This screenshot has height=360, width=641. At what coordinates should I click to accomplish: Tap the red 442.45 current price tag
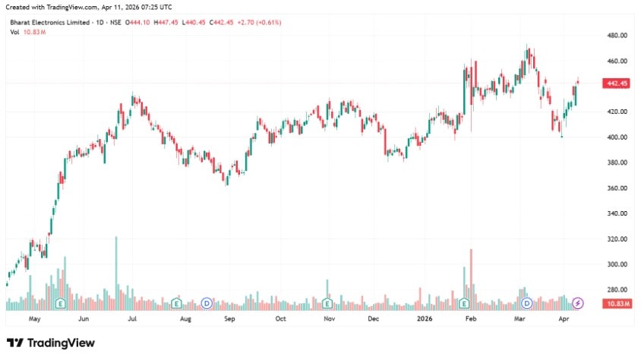click(616, 84)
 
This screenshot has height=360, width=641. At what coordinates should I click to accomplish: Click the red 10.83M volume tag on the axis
click(616, 304)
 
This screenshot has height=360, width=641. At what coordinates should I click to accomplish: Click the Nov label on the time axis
click(329, 320)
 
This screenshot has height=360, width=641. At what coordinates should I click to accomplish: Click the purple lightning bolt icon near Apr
click(578, 304)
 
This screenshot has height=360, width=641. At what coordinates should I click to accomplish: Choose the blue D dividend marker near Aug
click(207, 304)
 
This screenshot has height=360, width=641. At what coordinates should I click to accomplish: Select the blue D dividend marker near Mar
click(526, 304)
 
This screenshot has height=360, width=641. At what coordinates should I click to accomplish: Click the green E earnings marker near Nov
click(327, 304)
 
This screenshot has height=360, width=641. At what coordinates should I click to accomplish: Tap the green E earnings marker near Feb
click(463, 304)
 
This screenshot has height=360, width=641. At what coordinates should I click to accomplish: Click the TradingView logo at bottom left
click(51, 343)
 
